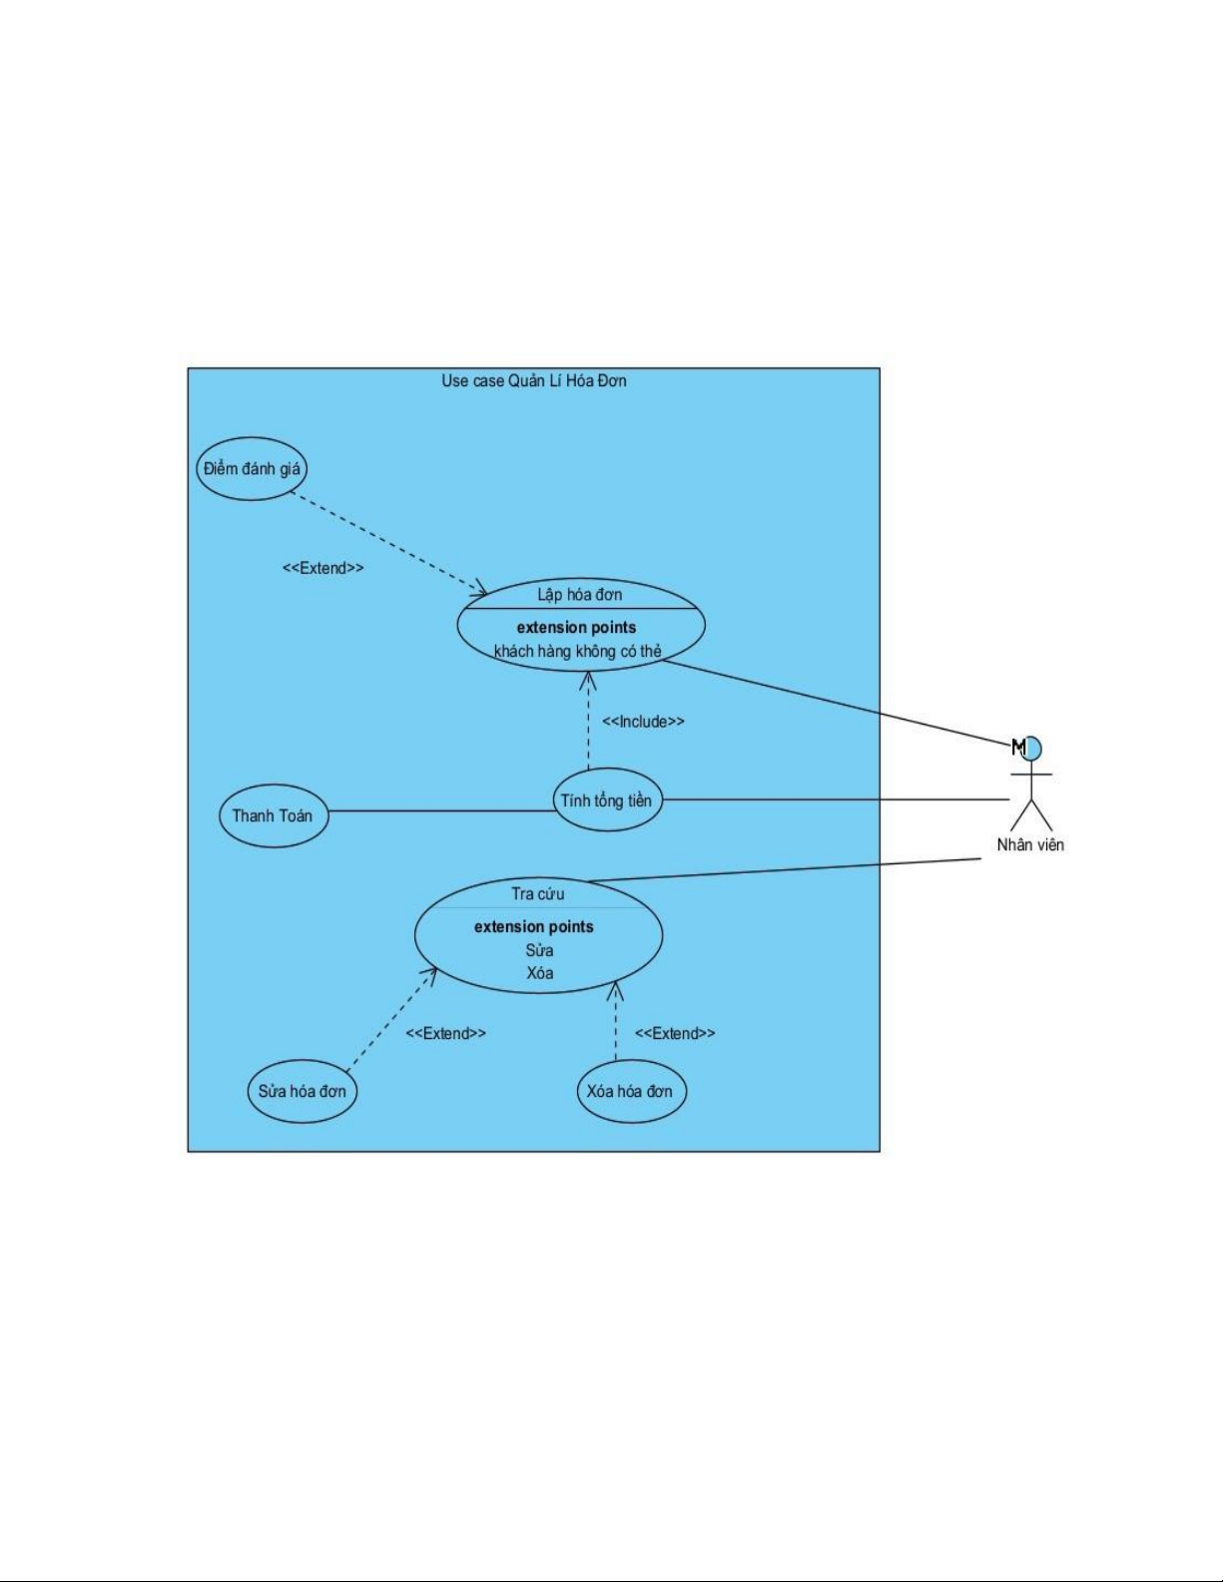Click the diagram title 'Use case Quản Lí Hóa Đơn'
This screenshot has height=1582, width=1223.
tap(533, 380)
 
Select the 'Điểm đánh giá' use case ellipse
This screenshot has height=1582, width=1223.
tap(252, 469)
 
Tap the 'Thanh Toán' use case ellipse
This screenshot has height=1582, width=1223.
tap(274, 815)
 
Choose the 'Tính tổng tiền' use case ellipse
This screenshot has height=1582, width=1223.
tap(607, 799)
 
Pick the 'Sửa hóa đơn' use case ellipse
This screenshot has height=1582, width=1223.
tap(303, 1091)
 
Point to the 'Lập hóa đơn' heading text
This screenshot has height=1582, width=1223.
tap(580, 594)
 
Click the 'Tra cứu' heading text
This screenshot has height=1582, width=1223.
tap(538, 893)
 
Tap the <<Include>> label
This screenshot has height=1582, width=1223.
tap(644, 722)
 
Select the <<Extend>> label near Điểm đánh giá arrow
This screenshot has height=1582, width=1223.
tap(323, 568)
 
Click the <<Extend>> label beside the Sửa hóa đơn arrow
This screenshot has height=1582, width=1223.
tap(445, 1033)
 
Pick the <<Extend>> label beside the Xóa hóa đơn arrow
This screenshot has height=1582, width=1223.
tap(675, 1033)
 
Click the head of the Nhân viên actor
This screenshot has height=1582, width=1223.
tap(1030, 748)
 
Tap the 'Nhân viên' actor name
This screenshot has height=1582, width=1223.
tap(1030, 844)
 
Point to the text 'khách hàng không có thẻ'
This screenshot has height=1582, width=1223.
tap(578, 651)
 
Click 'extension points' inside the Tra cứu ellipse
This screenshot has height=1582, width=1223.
tap(533, 927)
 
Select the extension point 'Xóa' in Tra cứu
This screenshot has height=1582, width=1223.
tap(540, 972)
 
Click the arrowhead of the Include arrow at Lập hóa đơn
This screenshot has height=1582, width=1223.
tap(588, 673)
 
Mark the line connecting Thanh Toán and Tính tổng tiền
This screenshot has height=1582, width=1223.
tap(442, 811)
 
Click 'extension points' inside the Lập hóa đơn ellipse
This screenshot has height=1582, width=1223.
tap(577, 627)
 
